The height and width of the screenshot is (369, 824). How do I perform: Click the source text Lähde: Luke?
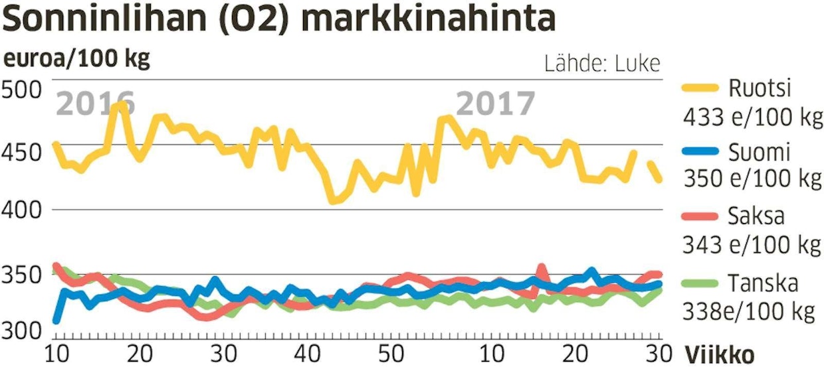click(x=602, y=64)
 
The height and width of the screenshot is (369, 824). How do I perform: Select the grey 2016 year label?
click(x=96, y=104)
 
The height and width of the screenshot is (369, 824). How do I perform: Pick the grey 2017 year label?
click(x=496, y=104)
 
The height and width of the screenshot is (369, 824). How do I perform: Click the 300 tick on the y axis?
click(x=22, y=330)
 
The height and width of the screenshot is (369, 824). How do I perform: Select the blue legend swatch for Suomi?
click(x=699, y=153)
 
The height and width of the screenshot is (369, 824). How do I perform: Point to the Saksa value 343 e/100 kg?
click(x=752, y=246)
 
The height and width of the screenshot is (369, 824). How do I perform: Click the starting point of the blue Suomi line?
click(x=56, y=321)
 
